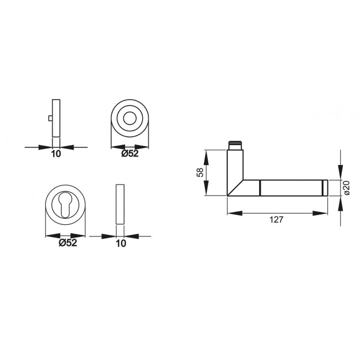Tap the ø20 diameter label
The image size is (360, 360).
click(x=347, y=188)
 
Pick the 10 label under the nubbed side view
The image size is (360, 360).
click(x=56, y=154)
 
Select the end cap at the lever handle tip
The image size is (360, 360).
click(x=323, y=188)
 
